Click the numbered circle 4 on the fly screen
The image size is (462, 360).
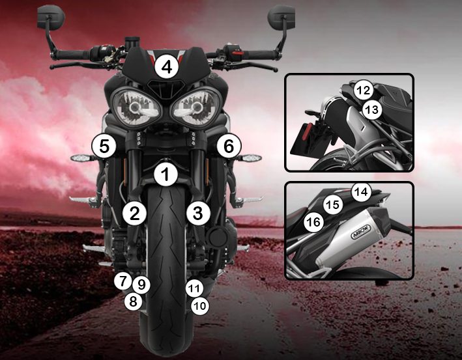(x=167, y=67)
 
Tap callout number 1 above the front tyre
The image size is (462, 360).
(x=166, y=174)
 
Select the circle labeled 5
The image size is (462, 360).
(x=104, y=146)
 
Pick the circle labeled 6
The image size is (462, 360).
(x=229, y=146)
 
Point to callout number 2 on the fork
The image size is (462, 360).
(x=134, y=213)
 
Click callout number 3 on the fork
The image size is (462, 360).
(x=198, y=213)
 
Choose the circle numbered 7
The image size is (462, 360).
(x=123, y=281)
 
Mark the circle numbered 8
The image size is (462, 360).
(x=133, y=301)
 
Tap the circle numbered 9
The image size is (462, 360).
(x=141, y=284)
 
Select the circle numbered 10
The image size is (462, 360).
(x=200, y=306)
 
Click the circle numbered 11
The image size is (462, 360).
(x=194, y=288)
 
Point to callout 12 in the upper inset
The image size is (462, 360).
(x=364, y=90)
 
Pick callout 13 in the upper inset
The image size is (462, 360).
(x=371, y=109)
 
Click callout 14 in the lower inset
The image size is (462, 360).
(x=362, y=192)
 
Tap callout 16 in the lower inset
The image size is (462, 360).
(x=313, y=222)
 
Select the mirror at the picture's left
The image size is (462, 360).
(x=51, y=17)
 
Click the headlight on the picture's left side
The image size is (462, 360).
(x=136, y=107)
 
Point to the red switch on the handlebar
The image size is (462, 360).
(x=238, y=53)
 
